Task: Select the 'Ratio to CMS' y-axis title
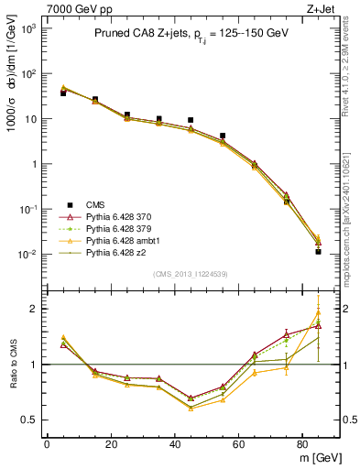pos(12,364)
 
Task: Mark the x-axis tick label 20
pos(111,444)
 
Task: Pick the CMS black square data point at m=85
pos(319,251)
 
